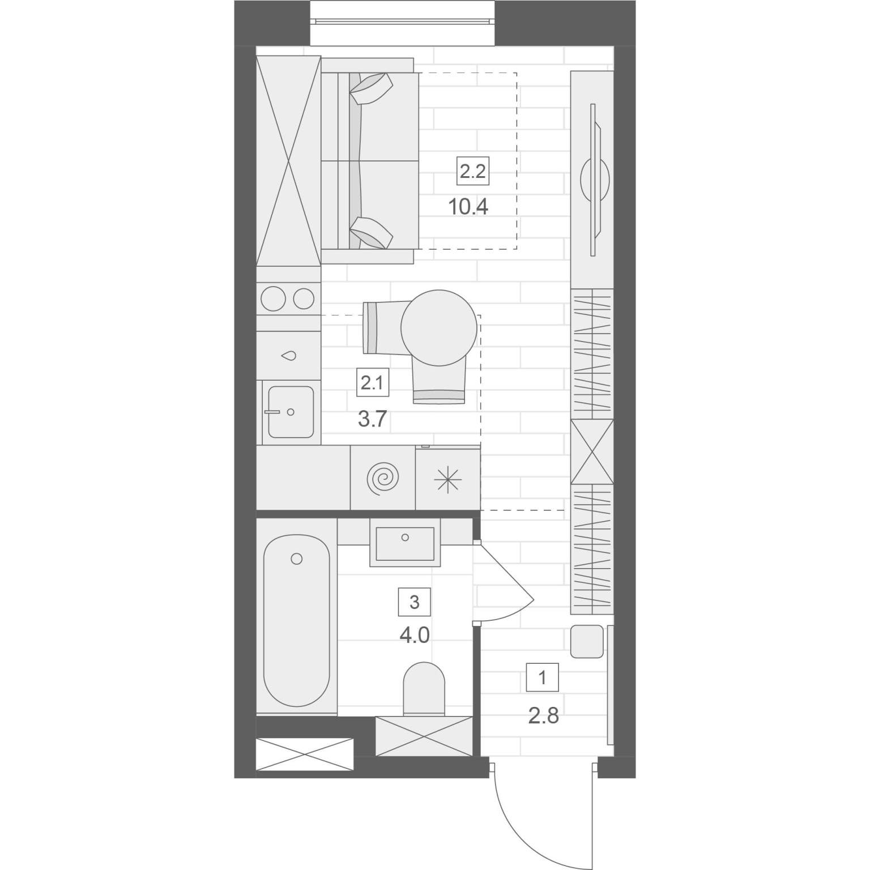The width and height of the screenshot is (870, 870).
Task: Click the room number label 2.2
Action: tap(473, 171)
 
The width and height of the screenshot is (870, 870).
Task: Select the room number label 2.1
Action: tap(372, 383)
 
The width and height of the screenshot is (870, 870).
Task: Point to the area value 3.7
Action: tap(372, 419)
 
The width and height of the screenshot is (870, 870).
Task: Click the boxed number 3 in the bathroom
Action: tap(414, 602)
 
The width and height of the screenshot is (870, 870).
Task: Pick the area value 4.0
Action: tap(414, 635)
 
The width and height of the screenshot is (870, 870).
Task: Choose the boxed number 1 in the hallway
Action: tap(543, 677)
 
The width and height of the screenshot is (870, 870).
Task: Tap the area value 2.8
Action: tap(543, 716)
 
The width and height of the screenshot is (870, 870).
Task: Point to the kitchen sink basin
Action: tap(291, 412)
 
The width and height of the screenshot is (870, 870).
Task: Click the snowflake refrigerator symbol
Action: tap(447, 480)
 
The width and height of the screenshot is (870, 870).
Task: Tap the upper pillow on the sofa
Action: tap(372, 88)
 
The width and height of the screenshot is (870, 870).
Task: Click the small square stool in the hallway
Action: tap(587, 641)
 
